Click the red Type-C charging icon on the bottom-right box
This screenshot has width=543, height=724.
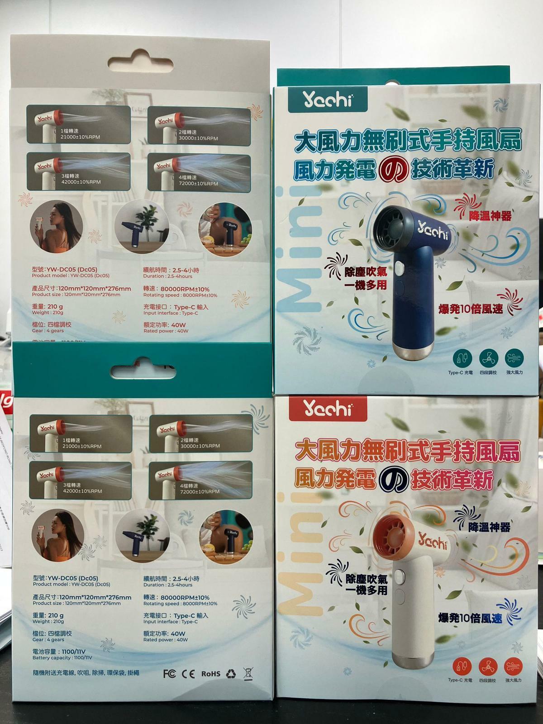coord(462,666)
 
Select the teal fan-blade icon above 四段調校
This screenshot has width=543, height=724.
coord(488,358)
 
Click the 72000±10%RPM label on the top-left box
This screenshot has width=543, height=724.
coord(199,184)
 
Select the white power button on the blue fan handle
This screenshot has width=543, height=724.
coord(400,271)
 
